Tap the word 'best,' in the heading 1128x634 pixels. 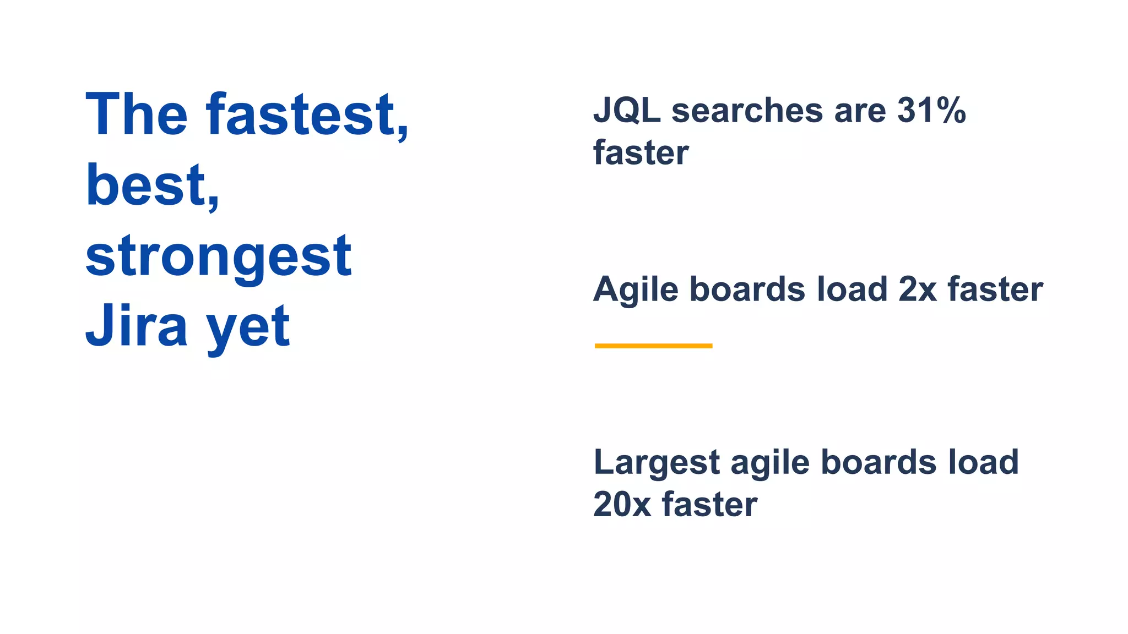pyautogui.click(x=152, y=185)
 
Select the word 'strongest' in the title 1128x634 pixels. pyautogui.click(x=218, y=256)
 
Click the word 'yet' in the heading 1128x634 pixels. pyautogui.click(x=248, y=329)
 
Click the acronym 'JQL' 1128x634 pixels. pyautogui.click(x=627, y=111)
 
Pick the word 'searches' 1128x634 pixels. pyautogui.click(x=747, y=111)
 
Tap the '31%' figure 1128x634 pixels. pyautogui.click(x=931, y=111)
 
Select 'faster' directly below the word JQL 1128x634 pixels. pyautogui.click(x=641, y=152)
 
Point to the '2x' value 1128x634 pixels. pyautogui.click(x=918, y=289)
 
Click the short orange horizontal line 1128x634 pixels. pyautogui.click(x=653, y=346)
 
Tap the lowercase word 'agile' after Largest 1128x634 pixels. pyautogui.click(x=770, y=463)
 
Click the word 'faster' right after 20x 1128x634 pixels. pyautogui.click(x=709, y=504)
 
